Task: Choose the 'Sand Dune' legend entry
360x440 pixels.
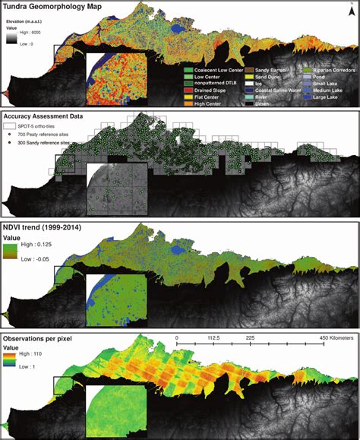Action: point(269,77)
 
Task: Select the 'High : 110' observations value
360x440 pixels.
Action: point(35,353)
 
